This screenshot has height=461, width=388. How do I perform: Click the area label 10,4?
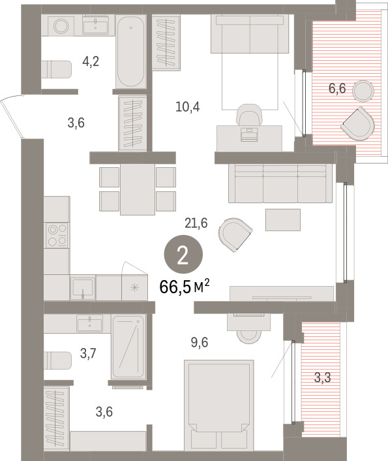[x=187, y=106]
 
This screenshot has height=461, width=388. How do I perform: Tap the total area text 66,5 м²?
[x=185, y=287]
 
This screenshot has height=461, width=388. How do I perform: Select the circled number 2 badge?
[x=183, y=254]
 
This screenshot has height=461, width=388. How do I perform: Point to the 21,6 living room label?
[x=196, y=223]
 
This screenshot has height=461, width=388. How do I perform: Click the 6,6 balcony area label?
[x=337, y=88]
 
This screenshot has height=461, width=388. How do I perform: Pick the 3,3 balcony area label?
[x=323, y=377]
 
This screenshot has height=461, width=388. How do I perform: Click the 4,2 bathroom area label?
[x=91, y=62]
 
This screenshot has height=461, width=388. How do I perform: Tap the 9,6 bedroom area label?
[x=200, y=343]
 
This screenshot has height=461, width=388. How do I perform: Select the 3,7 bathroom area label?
[x=88, y=353]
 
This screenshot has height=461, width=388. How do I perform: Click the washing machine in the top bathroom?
[x=61, y=25]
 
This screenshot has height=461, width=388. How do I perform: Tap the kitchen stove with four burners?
[x=57, y=236]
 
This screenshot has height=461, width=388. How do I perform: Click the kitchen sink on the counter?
[x=83, y=287]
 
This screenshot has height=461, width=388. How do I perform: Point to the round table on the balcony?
[x=363, y=91]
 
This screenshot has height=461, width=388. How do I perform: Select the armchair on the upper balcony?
[x=358, y=124]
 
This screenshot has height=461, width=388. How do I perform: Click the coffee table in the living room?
[x=283, y=219]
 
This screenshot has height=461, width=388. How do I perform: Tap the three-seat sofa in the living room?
[x=280, y=183]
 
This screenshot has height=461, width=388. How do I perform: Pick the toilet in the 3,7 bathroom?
[x=57, y=360]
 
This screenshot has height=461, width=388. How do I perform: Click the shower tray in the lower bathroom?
[x=128, y=347]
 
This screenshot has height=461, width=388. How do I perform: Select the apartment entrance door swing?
[x=12, y=116]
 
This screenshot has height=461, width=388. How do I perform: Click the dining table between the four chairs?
[x=138, y=189]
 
